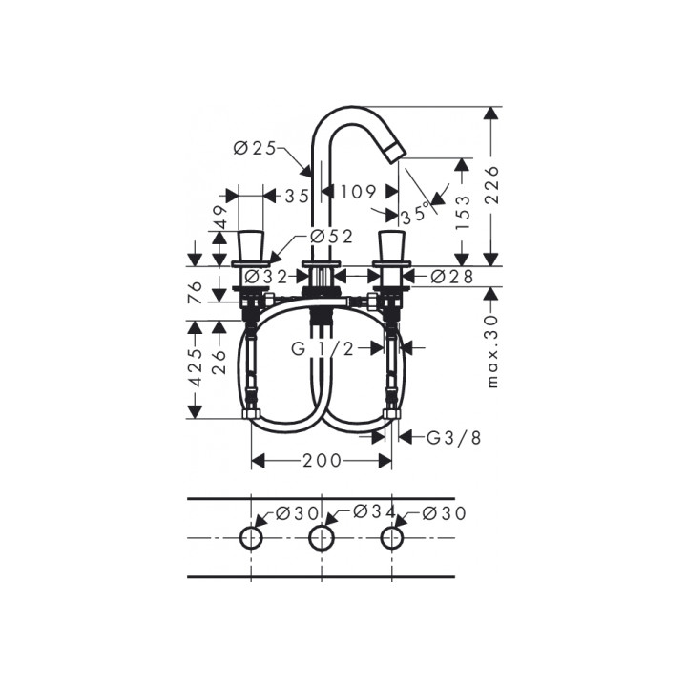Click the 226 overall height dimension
[x=493, y=184]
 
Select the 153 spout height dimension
[x=463, y=213]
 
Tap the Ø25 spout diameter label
[x=255, y=149]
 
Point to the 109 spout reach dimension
[x=359, y=192]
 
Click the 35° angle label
[x=414, y=214]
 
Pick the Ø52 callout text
[x=331, y=237]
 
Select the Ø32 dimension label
[x=266, y=277]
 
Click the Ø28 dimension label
[x=452, y=277]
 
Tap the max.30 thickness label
[x=493, y=351]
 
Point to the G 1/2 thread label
[x=323, y=349]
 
